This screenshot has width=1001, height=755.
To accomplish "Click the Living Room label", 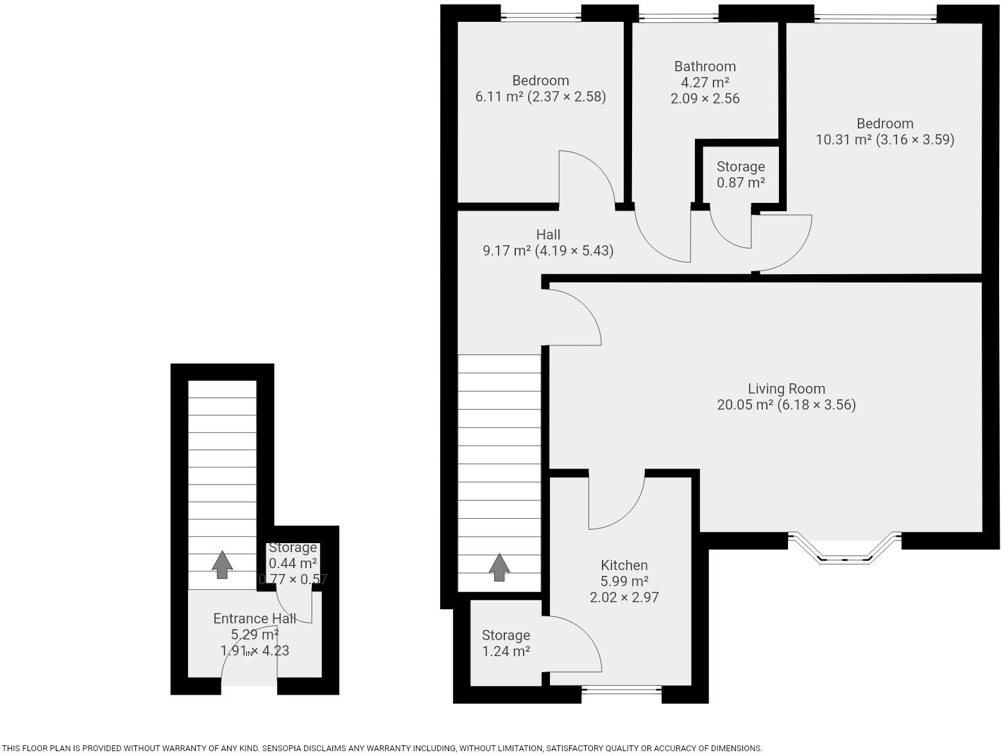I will (786, 389).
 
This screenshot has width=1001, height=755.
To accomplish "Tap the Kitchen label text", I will (624, 566).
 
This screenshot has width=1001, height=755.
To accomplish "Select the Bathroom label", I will (705, 67).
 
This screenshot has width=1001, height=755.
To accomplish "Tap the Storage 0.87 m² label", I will (740, 175).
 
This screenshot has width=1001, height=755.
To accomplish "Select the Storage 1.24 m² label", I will (506, 643).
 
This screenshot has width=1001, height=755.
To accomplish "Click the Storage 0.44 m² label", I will (293, 556).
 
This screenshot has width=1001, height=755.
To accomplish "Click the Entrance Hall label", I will (254, 619).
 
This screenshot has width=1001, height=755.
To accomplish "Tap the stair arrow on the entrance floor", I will (222, 564).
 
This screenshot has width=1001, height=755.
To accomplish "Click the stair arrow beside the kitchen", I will (499, 567).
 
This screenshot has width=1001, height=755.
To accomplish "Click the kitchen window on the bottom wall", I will (621, 691).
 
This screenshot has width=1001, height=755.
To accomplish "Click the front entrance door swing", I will (247, 661).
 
